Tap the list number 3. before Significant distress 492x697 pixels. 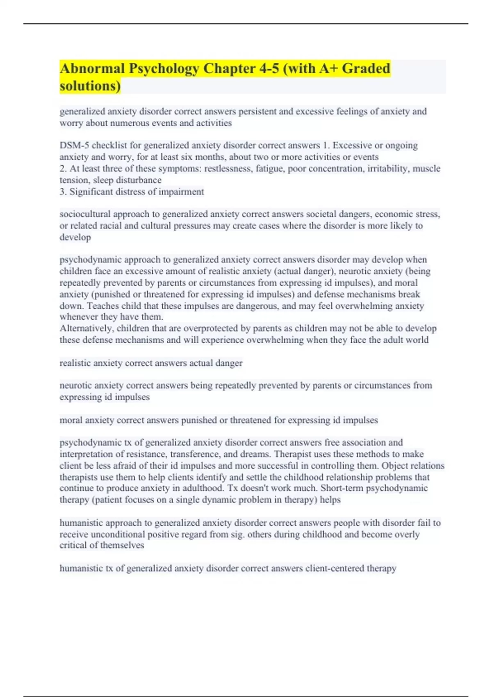(63, 192)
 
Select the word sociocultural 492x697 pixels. (85, 214)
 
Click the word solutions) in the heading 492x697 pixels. (90, 86)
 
